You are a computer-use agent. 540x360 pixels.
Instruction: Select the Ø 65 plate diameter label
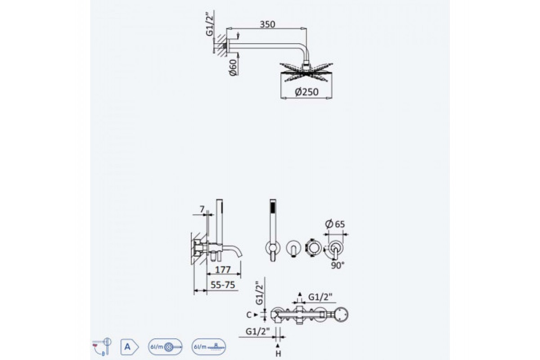pyautogui.click(x=335, y=224)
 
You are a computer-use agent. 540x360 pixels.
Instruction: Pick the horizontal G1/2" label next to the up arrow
pyautogui.click(x=321, y=297)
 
